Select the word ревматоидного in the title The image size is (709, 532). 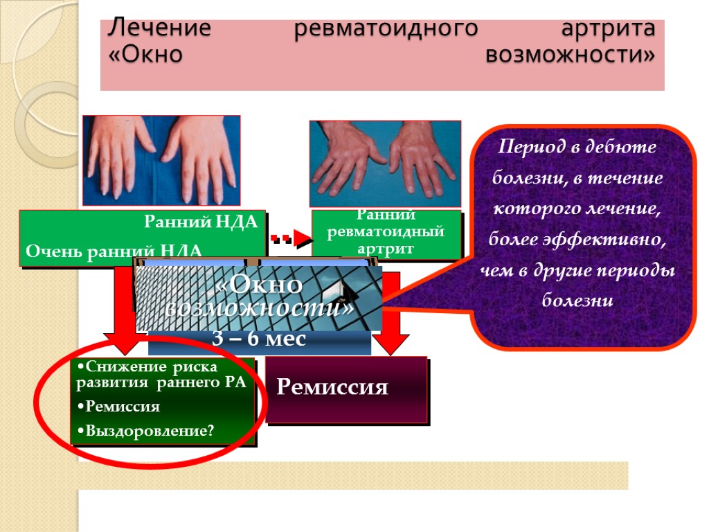pos(386,30)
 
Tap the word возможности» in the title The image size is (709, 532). pos(569,55)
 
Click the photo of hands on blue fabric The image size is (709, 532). pos(161,160)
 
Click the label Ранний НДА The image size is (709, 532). pos(200,222)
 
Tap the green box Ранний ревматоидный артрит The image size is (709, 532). pos(386,233)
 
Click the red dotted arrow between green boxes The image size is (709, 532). pos(289,238)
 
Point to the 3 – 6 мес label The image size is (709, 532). pos(259,339)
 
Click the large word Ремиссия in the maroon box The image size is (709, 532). pos(332,387)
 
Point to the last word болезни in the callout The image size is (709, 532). pos(577,301)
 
